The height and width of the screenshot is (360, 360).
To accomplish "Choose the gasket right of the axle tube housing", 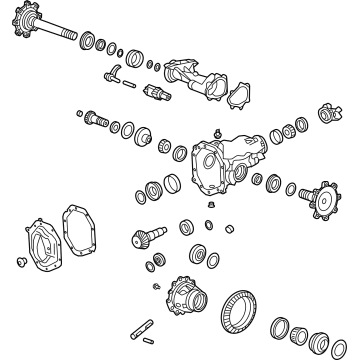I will [239, 96].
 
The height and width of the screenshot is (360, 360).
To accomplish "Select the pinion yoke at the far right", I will [327, 117].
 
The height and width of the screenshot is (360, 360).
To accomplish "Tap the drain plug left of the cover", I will [23, 262].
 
